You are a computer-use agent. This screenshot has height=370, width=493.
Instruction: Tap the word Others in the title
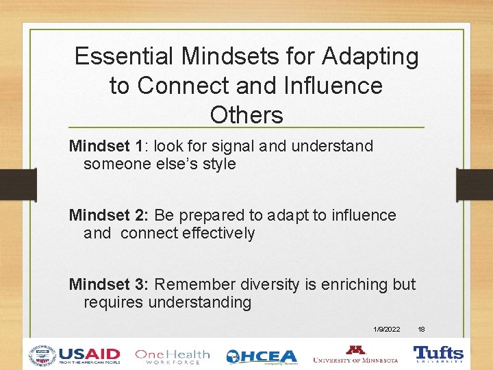pyautogui.click(x=246, y=115)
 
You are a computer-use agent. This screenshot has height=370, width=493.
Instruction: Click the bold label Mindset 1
pyautogui.click(x=106, y=146)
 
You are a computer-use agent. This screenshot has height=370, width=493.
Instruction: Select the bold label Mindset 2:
pyautogui.click(x=108, y=215)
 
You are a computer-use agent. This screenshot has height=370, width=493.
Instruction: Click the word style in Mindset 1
pyautogui.click(x=218, y=164)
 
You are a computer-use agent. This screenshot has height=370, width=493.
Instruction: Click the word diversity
pyautogui.click(x=268, y=284)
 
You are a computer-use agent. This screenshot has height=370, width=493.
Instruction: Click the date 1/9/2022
pyautogui.click(x=388, y=330)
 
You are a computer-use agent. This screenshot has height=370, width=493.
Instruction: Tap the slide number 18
pyautogui.click(x=422, y=330)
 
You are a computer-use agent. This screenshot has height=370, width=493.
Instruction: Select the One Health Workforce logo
pyautogui.click(x=172, y=355)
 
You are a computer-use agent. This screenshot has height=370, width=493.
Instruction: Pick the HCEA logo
pyautogui.click(x=262, y=356)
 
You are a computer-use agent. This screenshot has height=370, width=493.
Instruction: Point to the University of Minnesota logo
pyautogui.click(x=355, y=355)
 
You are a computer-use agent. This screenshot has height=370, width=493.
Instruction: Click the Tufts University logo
pyautogui.click(x=438, y=354)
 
